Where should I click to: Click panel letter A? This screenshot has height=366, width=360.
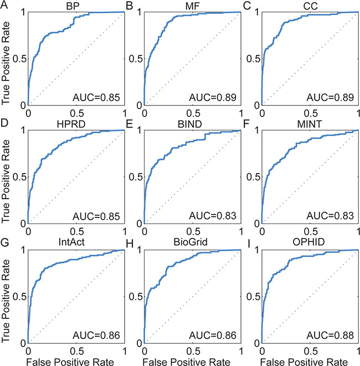point(4,6)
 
